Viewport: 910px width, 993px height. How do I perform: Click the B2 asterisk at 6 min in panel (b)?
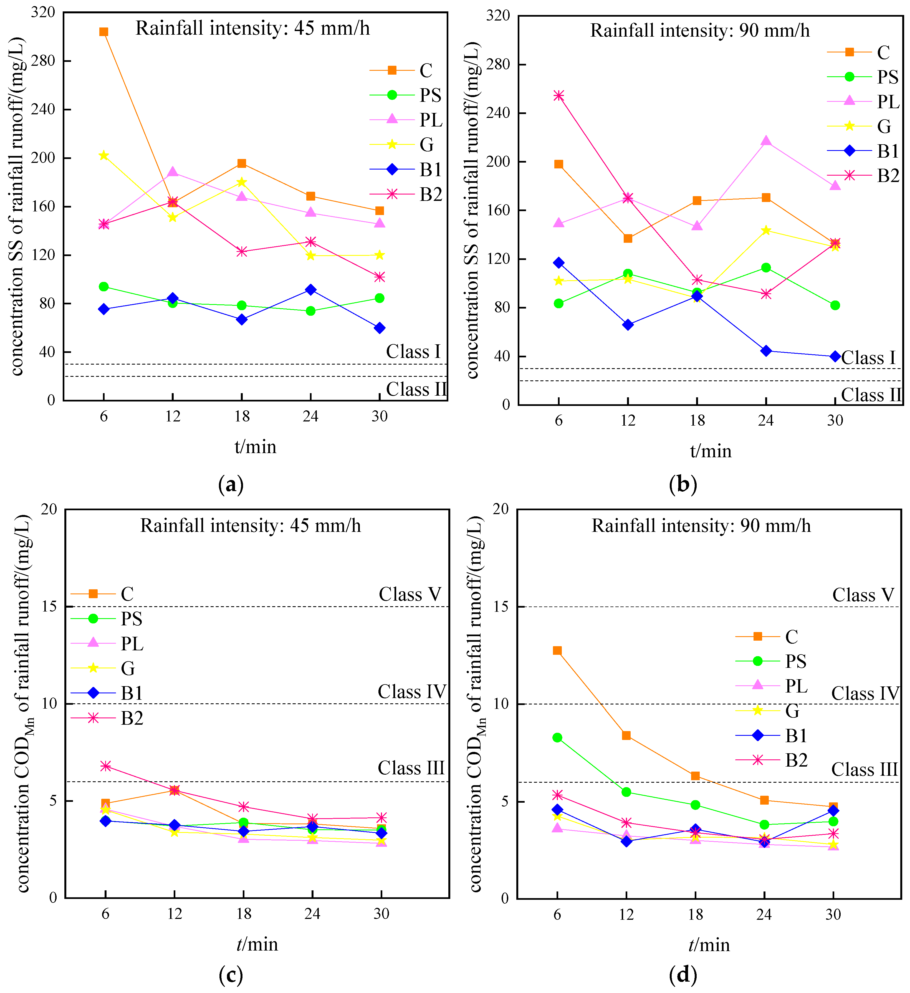(558, 95)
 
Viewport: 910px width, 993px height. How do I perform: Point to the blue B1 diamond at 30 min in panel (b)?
(835, 357)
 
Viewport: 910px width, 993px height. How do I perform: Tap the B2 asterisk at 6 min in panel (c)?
(105, 766)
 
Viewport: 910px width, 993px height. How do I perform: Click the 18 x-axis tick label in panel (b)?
(697, 421)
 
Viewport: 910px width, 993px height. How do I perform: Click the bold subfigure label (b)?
(683, 485)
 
